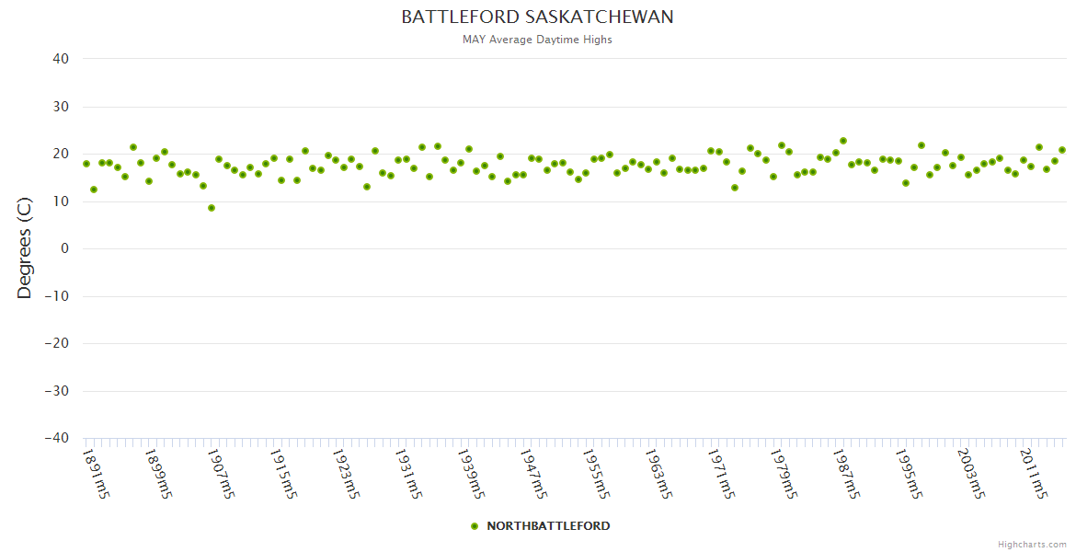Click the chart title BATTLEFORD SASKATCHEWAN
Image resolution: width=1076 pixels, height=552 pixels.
pos(537,17)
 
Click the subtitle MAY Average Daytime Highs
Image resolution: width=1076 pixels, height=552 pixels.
pos(537,40)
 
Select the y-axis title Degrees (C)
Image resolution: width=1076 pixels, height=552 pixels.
pos(25,248)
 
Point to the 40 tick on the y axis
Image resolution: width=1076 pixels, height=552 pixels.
pos(61,59)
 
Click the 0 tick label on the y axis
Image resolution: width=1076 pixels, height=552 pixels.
pos(64,248)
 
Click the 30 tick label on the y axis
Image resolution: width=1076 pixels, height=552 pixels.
pos(61,107)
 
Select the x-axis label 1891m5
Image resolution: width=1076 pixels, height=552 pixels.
pos(97,473)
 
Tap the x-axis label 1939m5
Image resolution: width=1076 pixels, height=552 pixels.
pos(471,473)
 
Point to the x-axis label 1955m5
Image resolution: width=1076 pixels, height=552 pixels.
pos(596,473)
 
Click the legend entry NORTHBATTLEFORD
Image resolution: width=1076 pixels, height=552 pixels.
pos(548,526)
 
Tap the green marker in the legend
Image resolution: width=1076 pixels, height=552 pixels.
pos(475,526)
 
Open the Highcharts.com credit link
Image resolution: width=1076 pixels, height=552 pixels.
pos(1032,545)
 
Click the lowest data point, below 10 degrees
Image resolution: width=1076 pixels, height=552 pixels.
pos(212,208)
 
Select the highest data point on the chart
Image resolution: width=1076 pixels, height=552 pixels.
pos(843,141)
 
